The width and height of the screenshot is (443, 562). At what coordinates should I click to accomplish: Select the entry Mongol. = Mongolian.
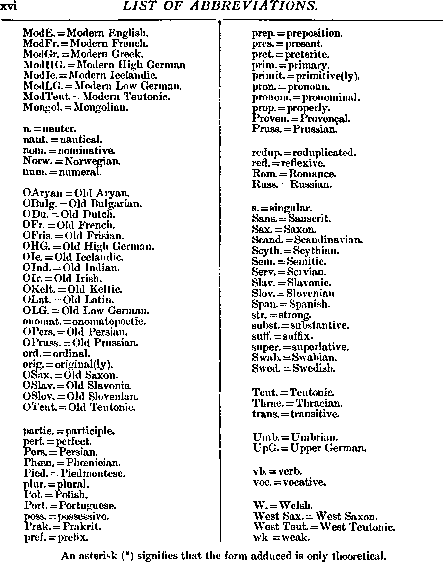pos(75,107)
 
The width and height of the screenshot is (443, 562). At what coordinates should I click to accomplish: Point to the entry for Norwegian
pos(72,161)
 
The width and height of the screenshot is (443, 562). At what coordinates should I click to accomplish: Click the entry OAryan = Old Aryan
pos(76,193)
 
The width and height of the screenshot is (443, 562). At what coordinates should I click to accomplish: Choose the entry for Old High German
pos(88,246)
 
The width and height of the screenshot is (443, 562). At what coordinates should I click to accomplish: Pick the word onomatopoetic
pos(112,321)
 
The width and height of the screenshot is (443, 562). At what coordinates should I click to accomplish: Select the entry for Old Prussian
pos(81,343)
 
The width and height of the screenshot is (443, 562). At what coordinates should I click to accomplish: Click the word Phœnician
pos(94,463)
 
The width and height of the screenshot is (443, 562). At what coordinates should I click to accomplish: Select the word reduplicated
pos(324,153)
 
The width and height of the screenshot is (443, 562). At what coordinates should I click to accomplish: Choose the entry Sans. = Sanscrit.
pos(291,218)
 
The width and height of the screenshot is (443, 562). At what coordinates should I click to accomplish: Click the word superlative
pos(320,347)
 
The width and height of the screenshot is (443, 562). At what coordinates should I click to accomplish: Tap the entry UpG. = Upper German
pos(309,448)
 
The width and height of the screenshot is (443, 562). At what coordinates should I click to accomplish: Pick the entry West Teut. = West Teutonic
pos(324,527)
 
